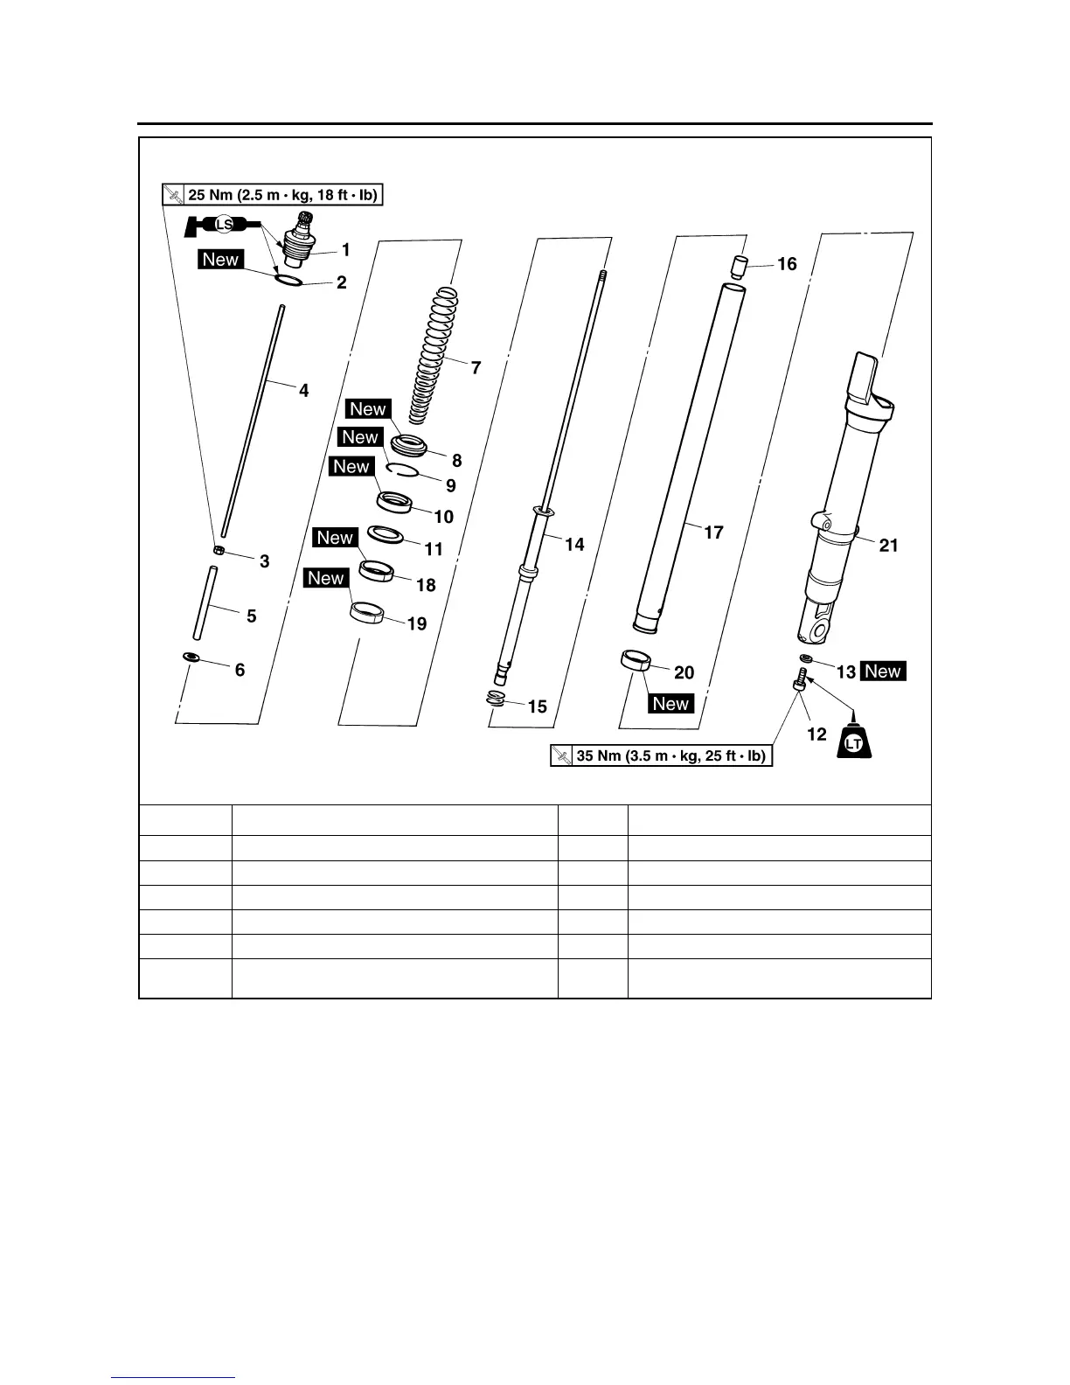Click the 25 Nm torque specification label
[274, 195]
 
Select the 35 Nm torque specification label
[662, 755]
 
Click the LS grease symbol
[223, 226]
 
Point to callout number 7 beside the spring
[476, 368]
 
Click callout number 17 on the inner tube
[713, 532]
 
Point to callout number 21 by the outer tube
[888, 546]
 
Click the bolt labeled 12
[799, 679]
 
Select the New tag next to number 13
[883, 672]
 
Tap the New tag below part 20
[670, 704]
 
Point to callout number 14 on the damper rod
[574, 545]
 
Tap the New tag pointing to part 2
[220, 260]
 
